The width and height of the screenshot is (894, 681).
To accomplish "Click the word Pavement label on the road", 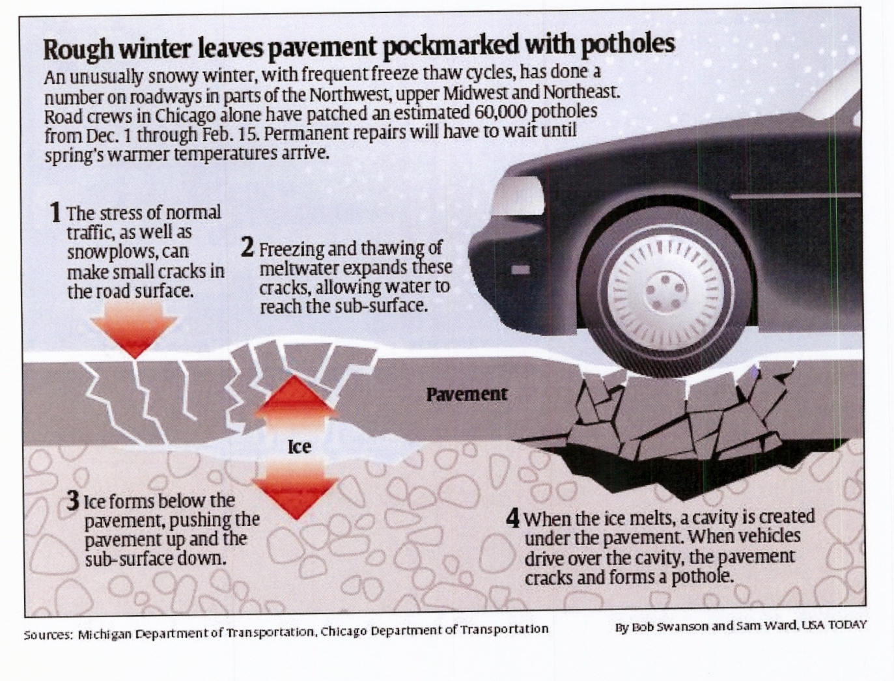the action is (x=467, y=394).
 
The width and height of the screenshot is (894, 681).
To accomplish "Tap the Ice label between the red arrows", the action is (x=300, y=447).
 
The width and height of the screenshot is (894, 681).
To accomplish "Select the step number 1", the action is (x=56, y=212).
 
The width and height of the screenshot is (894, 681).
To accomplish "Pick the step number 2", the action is (x=247, y=248).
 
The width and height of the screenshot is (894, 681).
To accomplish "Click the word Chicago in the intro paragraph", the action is (x=186, y=117).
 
